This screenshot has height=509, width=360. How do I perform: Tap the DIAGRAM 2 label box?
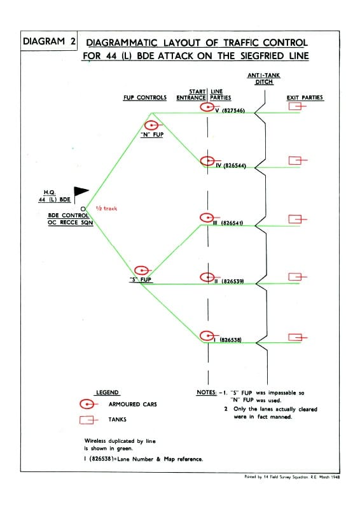49,41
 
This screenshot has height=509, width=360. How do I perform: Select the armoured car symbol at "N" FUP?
153,125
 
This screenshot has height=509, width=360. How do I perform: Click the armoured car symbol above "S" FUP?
142,270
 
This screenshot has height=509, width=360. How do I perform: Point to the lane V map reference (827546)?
233,111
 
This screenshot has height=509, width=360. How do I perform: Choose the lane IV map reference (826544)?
235,165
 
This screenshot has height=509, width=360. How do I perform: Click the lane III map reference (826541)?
232,223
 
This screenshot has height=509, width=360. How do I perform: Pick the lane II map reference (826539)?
232,281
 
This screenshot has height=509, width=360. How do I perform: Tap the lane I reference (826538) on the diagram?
230,340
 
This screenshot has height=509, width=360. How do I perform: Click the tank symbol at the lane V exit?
296,106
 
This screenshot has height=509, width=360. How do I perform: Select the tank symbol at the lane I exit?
297,338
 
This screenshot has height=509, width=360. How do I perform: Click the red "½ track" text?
106,209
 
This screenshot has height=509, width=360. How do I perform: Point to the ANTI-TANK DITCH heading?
263,78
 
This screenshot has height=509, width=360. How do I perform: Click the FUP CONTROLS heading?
145,97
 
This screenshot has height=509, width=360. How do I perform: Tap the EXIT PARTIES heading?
305,97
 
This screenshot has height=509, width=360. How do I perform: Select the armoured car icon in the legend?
88,404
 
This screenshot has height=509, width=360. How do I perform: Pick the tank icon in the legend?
88,420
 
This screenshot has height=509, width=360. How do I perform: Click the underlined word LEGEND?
107,393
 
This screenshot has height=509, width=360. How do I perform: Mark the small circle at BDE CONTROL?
83,209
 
